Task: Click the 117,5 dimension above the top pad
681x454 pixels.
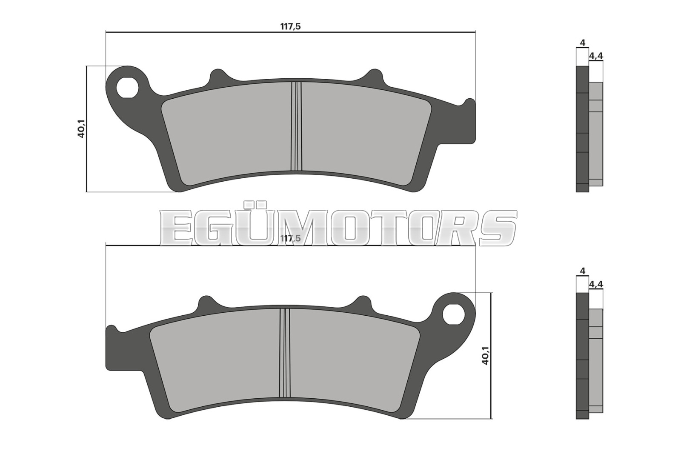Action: [x=290, y=26]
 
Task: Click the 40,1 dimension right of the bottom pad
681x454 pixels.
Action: [x=485, y=356]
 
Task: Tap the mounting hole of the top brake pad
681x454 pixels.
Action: [x=128, y=88]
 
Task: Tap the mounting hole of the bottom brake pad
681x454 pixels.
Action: [x=453, y=314]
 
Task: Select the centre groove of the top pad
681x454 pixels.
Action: [x=296, y=126]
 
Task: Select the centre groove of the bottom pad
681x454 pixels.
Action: [x=285, y=353]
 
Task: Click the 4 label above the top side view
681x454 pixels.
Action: [x=582, y=43]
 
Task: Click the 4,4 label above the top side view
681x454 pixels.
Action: [x=596, y=56]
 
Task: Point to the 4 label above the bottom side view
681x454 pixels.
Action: [x=582, y=271]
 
